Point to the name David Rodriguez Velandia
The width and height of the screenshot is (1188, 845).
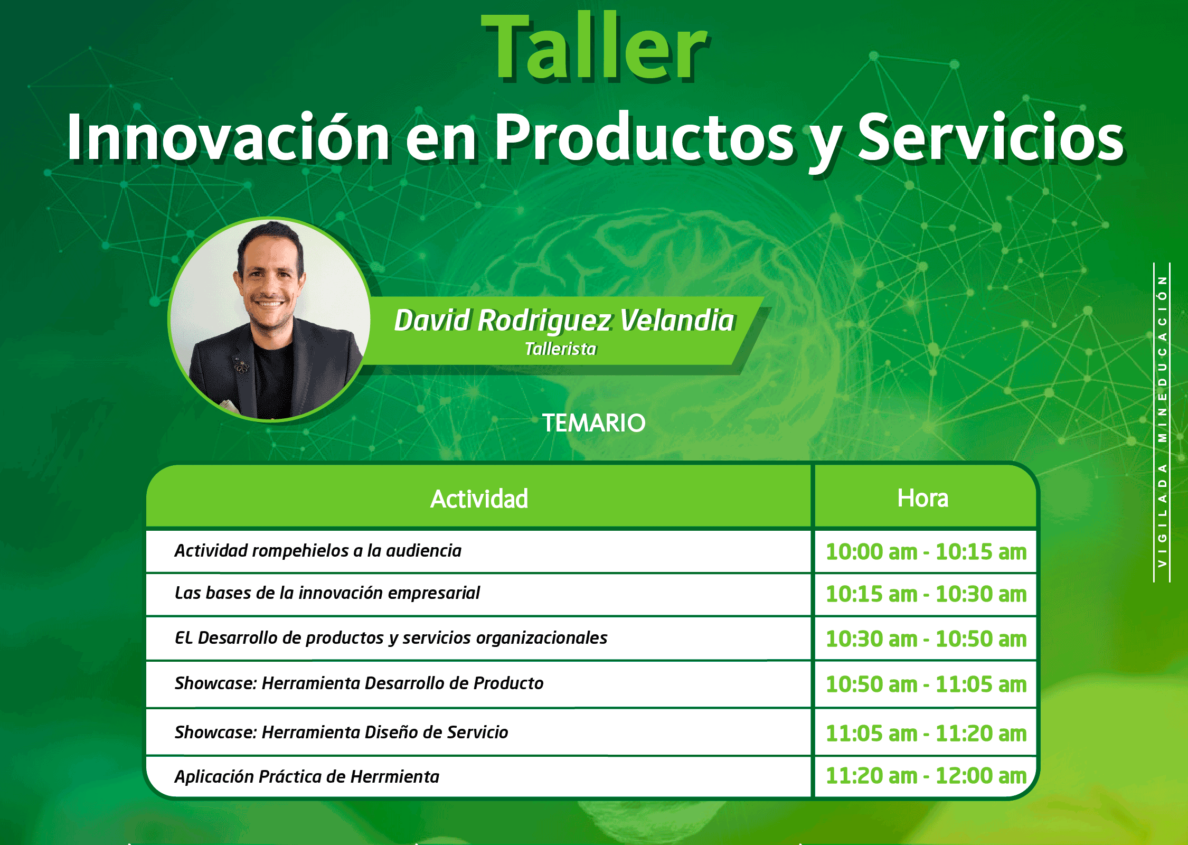point(564,321)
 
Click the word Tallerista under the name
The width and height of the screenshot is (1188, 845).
point(560,349)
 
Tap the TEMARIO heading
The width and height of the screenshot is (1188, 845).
point(593,422)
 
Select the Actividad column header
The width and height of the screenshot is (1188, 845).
point(479,499)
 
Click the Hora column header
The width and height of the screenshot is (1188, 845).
point(922,498)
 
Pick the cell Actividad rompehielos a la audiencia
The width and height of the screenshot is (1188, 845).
point(318,550)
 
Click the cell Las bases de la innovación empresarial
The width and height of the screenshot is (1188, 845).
point(327,593)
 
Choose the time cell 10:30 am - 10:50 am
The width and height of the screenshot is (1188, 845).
point(926,639)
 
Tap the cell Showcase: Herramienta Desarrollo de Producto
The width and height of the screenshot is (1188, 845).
point(359,683)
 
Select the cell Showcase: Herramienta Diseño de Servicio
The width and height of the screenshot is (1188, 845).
point(341,732)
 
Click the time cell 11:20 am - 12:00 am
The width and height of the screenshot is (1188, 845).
point(926,776)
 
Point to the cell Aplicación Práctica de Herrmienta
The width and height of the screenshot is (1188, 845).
point(307,776)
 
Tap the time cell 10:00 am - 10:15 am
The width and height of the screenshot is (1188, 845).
point(926,552)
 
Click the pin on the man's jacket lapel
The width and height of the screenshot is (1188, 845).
point(242,365)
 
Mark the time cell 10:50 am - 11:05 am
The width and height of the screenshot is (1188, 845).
point(926,684)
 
